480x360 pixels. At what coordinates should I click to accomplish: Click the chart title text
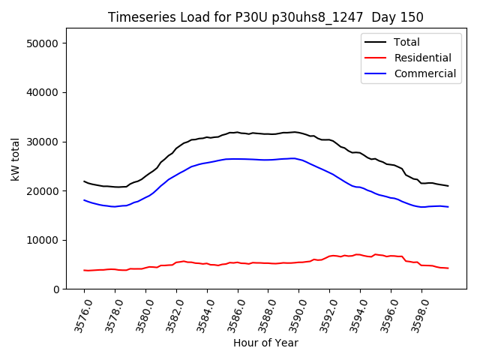[x=265, y=17]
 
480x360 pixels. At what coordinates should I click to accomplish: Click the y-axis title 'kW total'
[x=15, y=159]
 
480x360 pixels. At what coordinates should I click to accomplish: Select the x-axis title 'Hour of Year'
[x=265, y=343]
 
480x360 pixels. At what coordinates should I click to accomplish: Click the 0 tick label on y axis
[x=56, y=289]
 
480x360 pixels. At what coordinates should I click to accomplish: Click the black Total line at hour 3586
[x=238, y=133]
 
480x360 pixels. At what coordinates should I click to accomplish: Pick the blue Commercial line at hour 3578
[x=115, y=206]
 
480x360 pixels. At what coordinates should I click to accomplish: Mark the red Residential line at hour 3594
[x=360, y=254]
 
